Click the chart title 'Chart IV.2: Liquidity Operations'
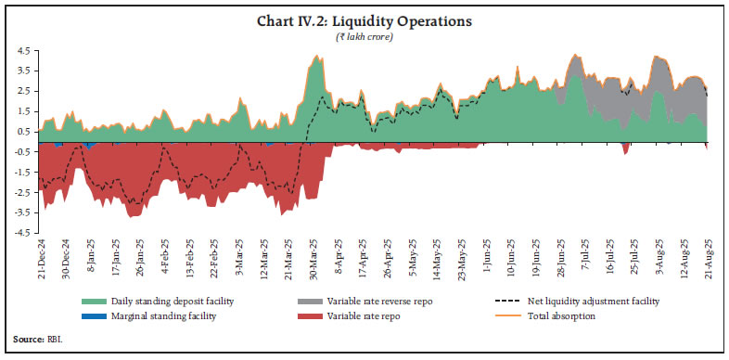pos(364,20)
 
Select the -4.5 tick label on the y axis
pos(19,232)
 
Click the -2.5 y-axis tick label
pos(19,192)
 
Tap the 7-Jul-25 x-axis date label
pos(585,262)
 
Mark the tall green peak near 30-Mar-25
pos(318,58)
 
